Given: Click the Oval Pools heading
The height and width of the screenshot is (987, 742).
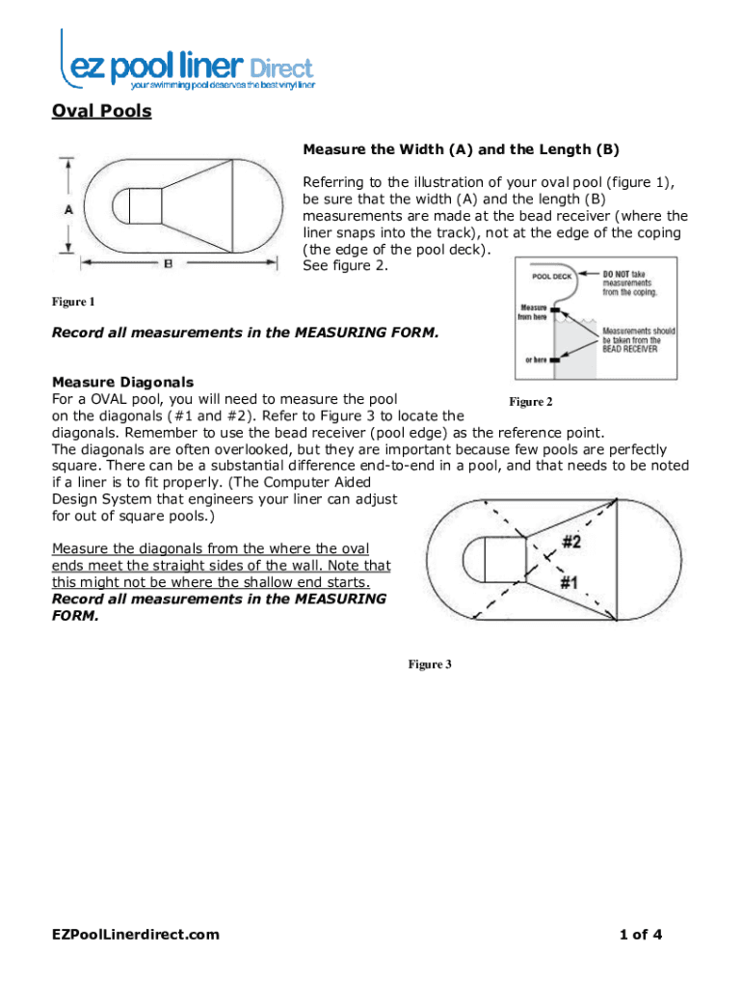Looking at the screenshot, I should coord(101,111).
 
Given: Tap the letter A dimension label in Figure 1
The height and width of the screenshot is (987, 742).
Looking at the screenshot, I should coord(69,208).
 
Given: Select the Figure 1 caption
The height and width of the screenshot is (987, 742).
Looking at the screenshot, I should coord(73,303).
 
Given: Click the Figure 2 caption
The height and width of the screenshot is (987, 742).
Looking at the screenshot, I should coord(531,401).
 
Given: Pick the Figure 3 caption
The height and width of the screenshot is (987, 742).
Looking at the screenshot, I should coord(430,664).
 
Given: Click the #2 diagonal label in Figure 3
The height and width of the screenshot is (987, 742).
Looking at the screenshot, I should coord(571,542).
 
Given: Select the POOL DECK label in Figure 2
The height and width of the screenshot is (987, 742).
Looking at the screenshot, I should coord(552,277).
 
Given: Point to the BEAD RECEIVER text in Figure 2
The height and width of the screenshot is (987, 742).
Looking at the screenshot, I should coord(630,349).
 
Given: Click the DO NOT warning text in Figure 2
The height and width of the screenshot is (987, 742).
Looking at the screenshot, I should coord(618,275).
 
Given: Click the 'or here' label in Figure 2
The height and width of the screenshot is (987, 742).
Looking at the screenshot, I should coord(536,360).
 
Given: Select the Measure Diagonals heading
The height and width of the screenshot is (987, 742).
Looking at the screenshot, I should coord(122,382).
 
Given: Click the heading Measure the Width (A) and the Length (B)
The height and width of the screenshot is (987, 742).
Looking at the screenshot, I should coord(461,149).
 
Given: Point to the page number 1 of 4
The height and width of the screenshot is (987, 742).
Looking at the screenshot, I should coord(641,934).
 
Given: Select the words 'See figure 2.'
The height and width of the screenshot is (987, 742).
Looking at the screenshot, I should coord(346,265).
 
